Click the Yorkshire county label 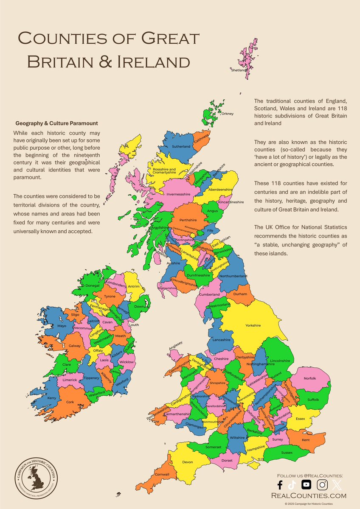[253, 325]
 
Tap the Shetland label [238, 70]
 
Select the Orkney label [228, 114]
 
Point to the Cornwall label [162, 474]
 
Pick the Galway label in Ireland [75, 346]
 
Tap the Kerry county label [52, 398]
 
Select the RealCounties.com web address [309, 495]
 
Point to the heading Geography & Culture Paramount [56, 123]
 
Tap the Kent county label [305, 440]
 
